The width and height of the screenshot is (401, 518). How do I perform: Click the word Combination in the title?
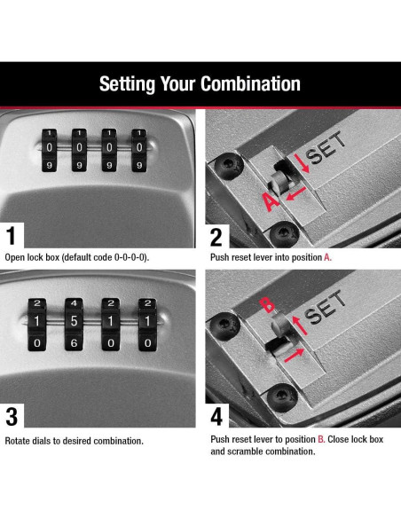(x=251, y=83)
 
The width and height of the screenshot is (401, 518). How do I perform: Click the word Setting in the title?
(x=127, y=84)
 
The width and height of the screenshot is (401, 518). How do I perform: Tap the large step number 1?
(x=12, y=236)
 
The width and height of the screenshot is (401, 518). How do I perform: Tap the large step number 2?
(x=216, y=237)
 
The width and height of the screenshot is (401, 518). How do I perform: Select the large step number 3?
(x=12, y=416)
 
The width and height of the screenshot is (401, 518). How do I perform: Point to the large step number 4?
(x=216, y=417)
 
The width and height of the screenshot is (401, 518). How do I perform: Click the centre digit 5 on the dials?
(x=74, y=321)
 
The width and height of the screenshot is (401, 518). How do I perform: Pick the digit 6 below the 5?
(x=74, y=343)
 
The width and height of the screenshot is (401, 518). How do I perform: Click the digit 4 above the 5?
(x=74, y=303)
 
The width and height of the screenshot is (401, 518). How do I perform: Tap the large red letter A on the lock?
(x=271, y=201)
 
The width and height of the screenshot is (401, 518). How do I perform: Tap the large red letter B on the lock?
(x=267, y=305)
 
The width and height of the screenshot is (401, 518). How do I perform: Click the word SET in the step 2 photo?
(x=326, y=147)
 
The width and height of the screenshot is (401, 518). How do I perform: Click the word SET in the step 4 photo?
(x=326, y=307)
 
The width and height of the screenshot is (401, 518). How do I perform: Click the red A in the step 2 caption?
(x=327, y=257)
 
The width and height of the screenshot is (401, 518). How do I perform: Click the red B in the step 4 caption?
(x=321, y=439)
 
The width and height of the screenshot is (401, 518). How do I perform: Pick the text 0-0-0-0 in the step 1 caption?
(x=130, y=257)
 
